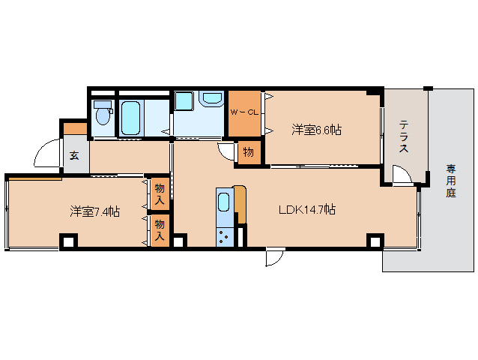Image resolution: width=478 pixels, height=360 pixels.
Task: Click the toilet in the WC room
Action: point(103,115)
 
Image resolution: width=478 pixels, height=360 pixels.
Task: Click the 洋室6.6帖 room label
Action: point(316,130)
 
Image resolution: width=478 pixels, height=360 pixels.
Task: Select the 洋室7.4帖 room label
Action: point(95,212)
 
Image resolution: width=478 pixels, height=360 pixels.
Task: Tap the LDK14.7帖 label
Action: point(306,210)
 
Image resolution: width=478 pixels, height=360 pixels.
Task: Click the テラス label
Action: point(404,136)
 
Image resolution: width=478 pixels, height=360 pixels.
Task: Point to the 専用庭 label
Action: point(450,181)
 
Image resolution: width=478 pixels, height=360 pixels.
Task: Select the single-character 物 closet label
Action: point(248,153)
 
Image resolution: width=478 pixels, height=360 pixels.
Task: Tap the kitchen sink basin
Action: point(224,202)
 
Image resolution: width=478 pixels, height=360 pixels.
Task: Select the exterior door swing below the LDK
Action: point(274,257)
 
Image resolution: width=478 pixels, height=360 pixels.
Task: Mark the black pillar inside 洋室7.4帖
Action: point(68,241)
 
